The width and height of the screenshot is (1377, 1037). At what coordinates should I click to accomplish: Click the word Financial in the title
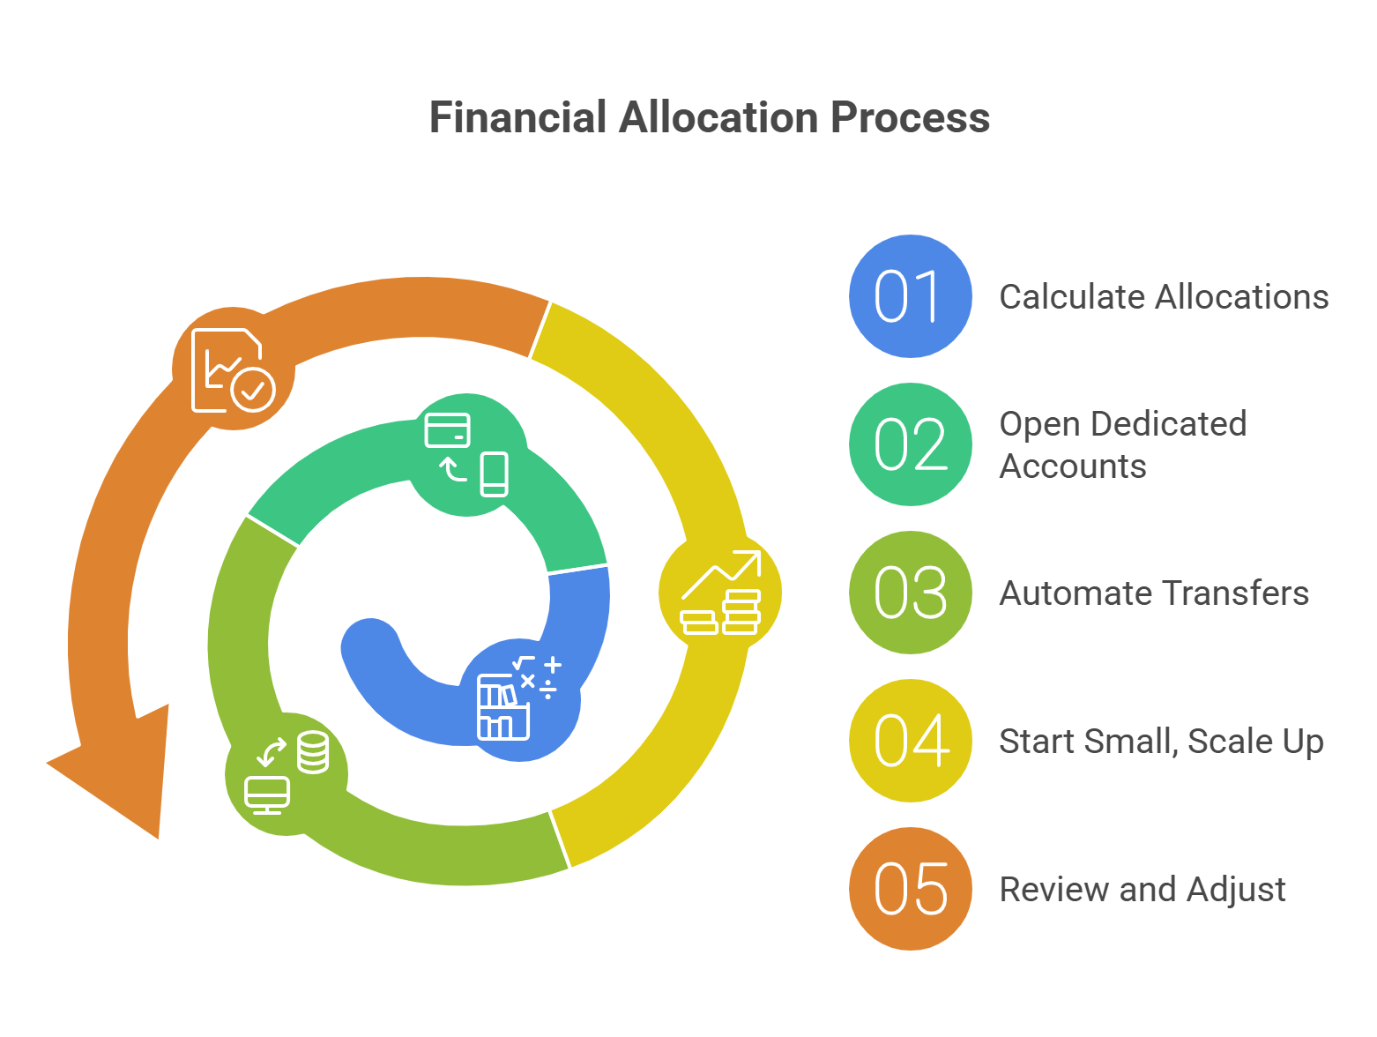[517, 117]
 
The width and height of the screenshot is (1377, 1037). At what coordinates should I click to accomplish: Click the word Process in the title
[910, 117]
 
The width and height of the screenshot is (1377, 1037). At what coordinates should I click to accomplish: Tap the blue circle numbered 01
[911, 296]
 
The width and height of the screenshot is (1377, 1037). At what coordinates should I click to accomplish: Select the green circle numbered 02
[911, 444]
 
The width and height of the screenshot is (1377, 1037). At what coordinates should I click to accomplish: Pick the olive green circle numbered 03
[911, 593]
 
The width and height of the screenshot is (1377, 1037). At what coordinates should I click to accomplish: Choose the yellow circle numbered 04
[911, 740]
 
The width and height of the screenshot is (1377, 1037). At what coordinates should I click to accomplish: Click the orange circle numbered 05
[911, 888]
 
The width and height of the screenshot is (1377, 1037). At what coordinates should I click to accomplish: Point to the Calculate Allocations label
[1164, 297]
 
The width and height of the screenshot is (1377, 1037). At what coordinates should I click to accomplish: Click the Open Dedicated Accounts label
[1123, 444]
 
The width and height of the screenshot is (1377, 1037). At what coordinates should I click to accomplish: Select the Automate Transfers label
[1154, 593]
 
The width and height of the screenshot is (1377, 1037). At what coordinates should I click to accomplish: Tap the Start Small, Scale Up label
[1161, 742]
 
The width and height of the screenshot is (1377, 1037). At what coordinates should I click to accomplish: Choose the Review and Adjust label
[1143, 890]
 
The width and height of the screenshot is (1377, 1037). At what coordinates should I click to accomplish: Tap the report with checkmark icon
[233, 370]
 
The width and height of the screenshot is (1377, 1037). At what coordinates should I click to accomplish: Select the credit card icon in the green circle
[447, 429]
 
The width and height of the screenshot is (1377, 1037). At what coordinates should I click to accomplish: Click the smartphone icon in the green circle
[495, 474]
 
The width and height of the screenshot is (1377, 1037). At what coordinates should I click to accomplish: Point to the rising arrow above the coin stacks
[721, 574]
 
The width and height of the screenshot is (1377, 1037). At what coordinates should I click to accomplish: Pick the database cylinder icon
[313, 752]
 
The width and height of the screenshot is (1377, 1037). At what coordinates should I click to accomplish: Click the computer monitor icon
[266, 795]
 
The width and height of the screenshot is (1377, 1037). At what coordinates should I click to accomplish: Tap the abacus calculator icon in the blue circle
[503, 707]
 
